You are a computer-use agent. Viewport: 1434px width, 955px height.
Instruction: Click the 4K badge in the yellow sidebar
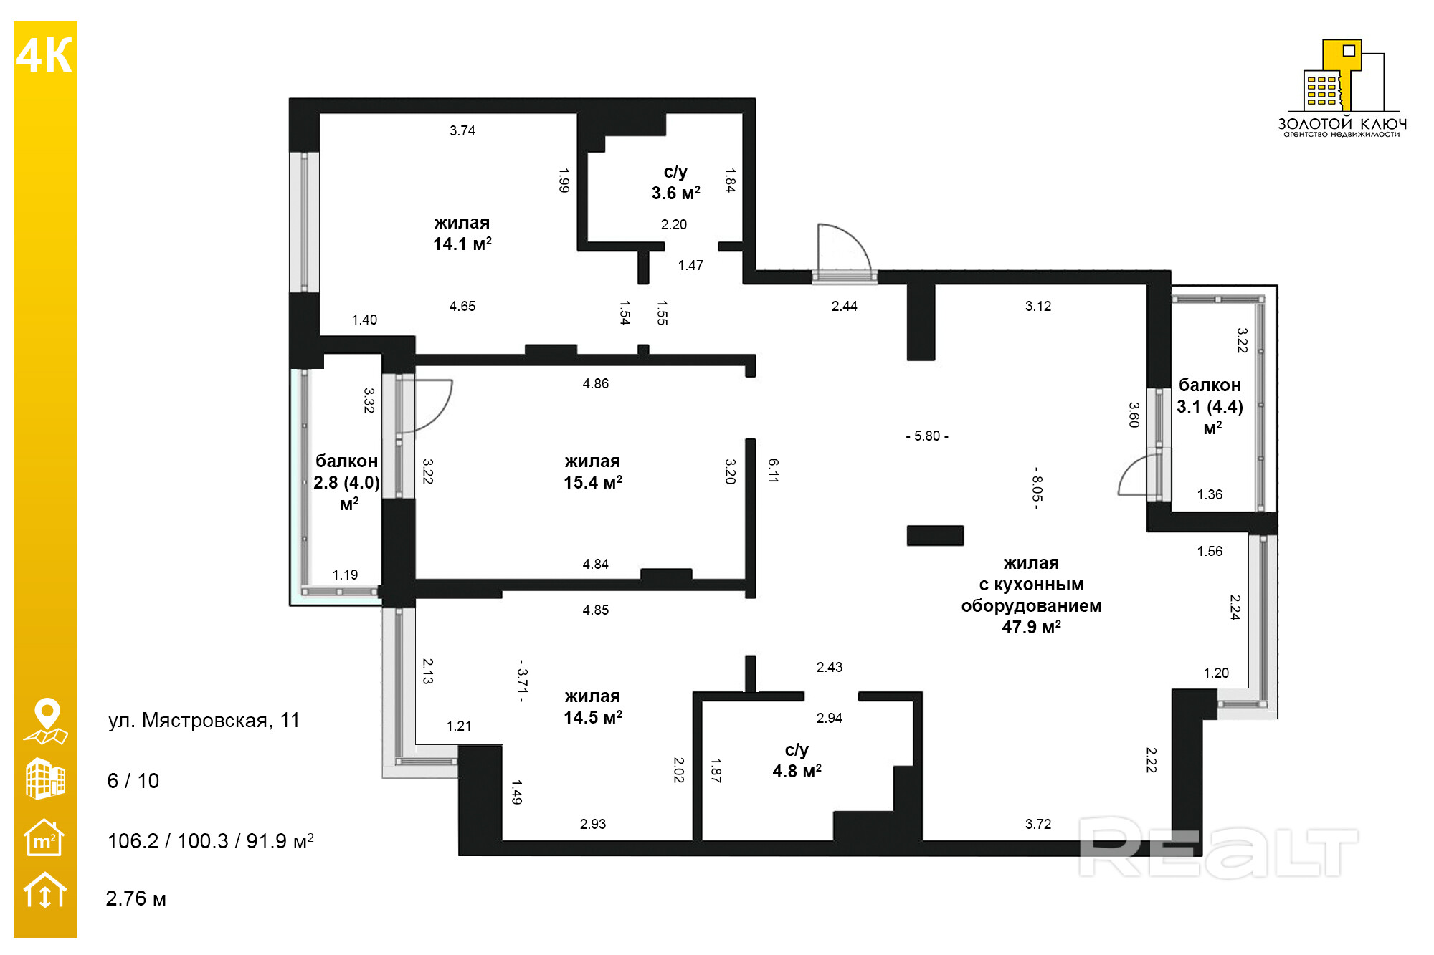pyautogui.click(x=44, y=55)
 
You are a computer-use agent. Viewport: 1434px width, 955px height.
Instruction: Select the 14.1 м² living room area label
pyautogui.click(x=462, y=234)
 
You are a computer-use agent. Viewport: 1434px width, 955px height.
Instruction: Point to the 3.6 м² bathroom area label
pyautogui.click(x=675, y=183)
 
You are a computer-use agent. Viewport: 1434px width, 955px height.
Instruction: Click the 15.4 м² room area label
pyautogui.click(x=593, y=472)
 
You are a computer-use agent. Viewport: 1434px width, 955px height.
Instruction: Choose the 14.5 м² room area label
pyautogui.click(x=593, y=707)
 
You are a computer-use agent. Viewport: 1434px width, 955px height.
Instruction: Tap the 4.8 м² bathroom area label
pyautogui.click(x=797, y=761)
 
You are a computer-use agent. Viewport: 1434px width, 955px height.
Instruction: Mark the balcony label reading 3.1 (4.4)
pyautogui.click(x=1210, y=407)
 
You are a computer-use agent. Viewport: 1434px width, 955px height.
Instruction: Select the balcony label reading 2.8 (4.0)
pyautogui.click(x=347, y=482)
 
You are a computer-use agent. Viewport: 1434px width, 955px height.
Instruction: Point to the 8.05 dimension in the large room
pyautogui.click(x=1037, y=488)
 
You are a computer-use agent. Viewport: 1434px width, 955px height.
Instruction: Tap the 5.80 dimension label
pyautogui.click(x=927, y=436)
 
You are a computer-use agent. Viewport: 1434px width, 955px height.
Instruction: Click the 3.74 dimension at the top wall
pyautogui.click(x=462, y=130)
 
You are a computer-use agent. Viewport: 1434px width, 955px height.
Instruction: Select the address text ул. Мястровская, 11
pyautogui.click(x=204, y=720)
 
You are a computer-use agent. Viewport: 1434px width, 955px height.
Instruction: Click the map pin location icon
pyautogui.click(x=46, y=721)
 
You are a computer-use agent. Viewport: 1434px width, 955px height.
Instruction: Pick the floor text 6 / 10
pyautogui.click(x=133, y=781)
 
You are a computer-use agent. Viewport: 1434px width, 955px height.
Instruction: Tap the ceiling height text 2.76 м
pyautogui.click(x=136, y=898)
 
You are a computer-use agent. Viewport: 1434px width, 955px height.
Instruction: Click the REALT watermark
pyautogui.click(x=1218, y=848)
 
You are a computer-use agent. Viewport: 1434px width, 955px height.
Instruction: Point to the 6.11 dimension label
pyautogui.click(x=773, y=471)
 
